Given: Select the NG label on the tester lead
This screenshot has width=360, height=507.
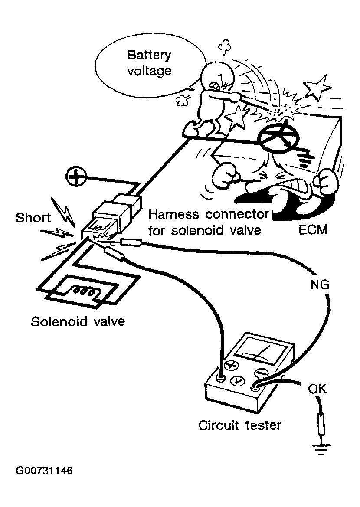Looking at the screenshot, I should click(x=320, y=285).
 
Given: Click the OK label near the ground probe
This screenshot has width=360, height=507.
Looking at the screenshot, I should click(x=317, y=389).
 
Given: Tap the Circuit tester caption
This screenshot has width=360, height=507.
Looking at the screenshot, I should click(x=239, y=425).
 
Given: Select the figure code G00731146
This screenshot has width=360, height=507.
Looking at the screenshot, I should click(x=44, y=471).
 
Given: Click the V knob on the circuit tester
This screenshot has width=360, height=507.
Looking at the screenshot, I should click(x=237, y=380).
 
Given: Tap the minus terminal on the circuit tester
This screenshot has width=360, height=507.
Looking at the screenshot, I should click(x=260, y=372).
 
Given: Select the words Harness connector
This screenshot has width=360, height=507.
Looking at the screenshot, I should click(x=210, y=214).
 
